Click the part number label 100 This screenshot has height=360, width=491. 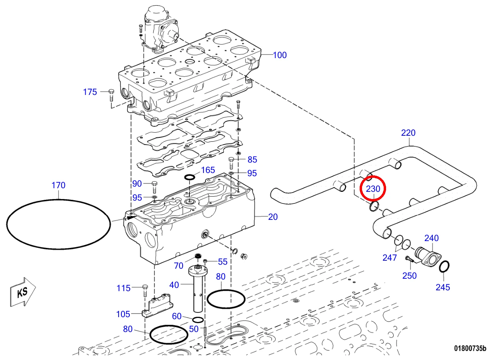click(280, 55)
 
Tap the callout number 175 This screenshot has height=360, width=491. click(90, 92)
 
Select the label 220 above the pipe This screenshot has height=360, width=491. click(408, 133)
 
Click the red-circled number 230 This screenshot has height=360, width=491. click(373, 189)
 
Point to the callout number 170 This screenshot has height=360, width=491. click(58, 185)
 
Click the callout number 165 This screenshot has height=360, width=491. click(208, 170)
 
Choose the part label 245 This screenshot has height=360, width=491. click(443, 287)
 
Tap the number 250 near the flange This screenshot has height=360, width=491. click(409, 276)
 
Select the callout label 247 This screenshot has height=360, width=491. click(390, 258)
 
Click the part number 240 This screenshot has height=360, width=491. click(432, 238)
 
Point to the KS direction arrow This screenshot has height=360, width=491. click(23, 292)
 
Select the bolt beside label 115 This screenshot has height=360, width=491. click(145, 291)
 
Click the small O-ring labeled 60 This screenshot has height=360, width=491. click(198, 320)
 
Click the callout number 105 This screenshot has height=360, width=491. click(123, 314)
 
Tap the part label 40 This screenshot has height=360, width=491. click(174, 285)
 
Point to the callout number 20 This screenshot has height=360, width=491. click(273, 217)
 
